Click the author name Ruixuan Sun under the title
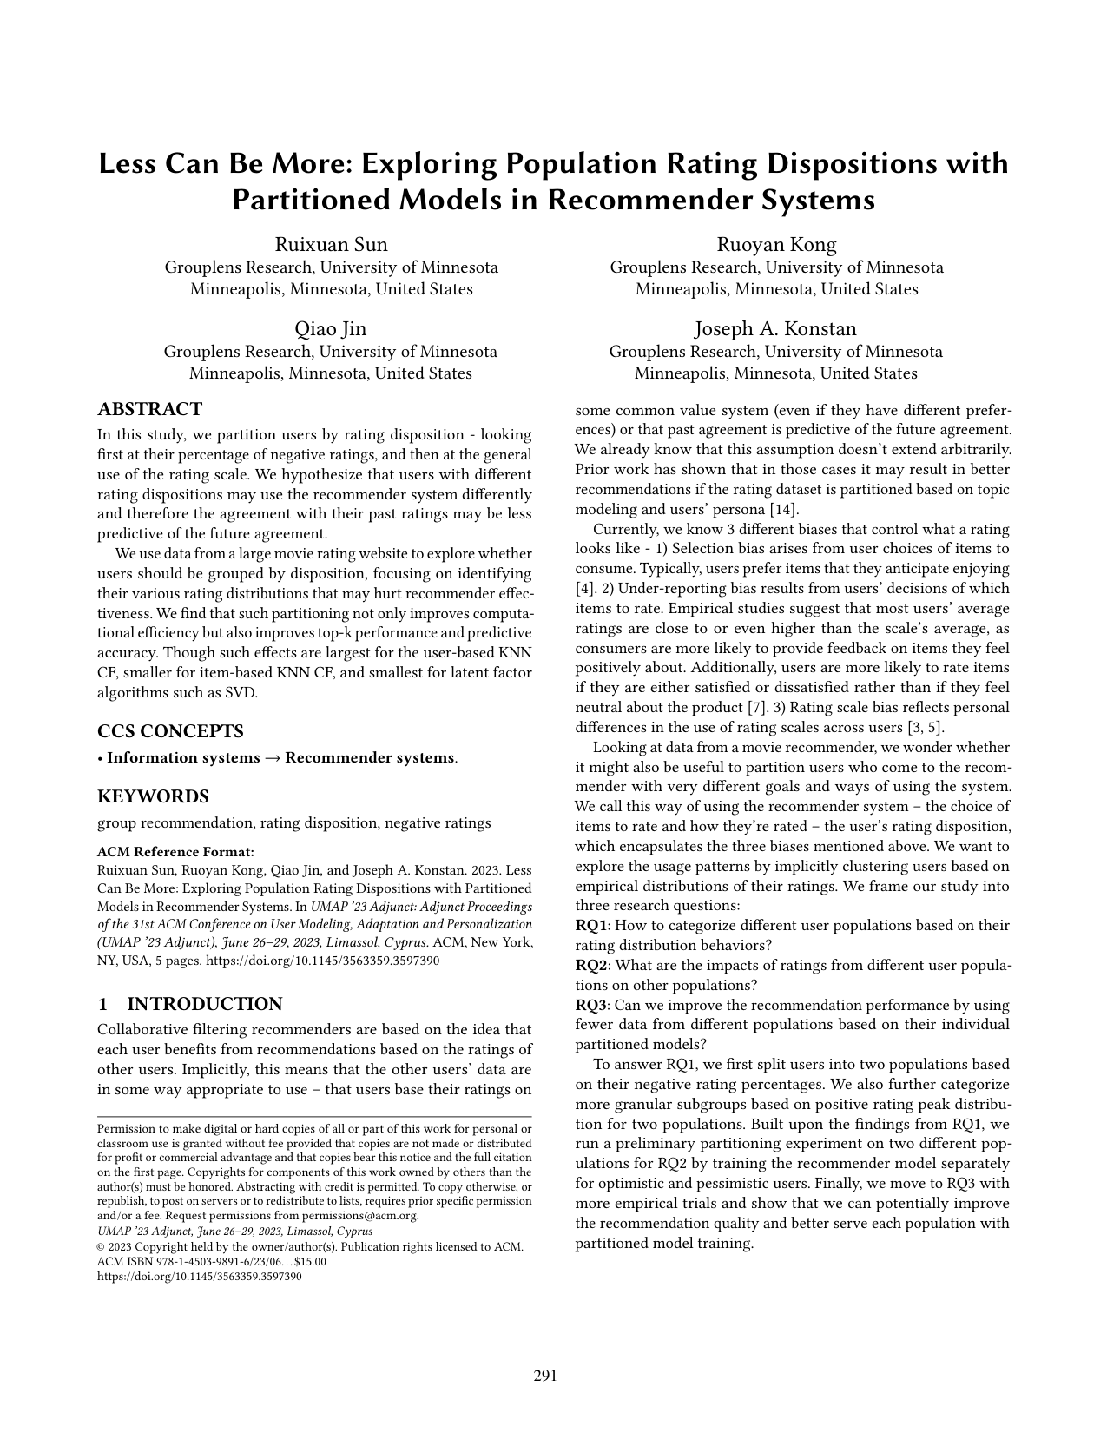pos(331,244)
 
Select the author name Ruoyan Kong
pos(775,244)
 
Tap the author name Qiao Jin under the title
pos(331,329)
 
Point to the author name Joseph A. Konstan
pos(775,329)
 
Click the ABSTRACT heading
pos(149,409)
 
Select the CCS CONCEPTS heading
pos(170,730)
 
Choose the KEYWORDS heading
pos(153,796)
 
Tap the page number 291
pos(544,1375)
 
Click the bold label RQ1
pos(590,925)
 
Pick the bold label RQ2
pos(590,965)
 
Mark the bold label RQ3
pos(590,1005)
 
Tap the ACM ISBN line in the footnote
pos(211,1262)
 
